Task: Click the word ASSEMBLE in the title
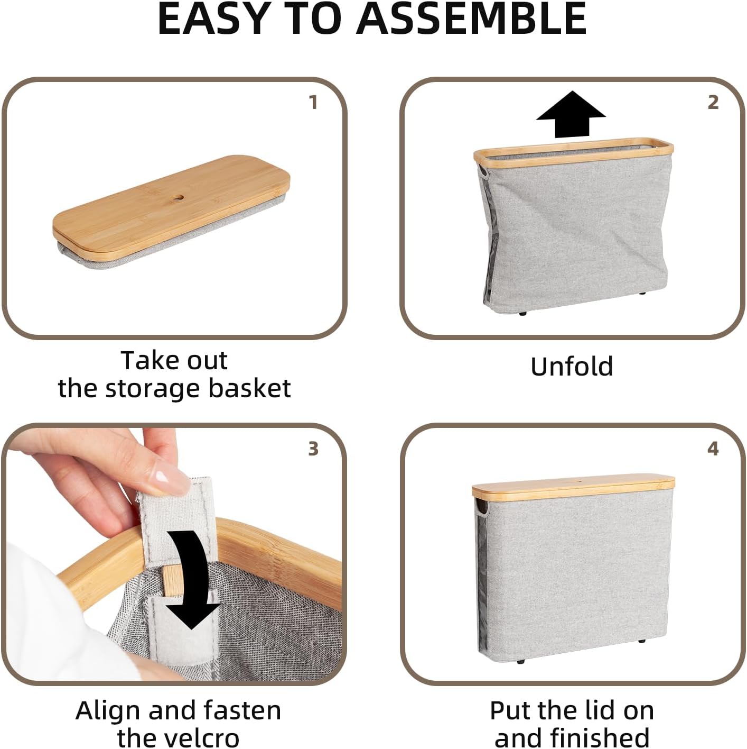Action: click(471, 19)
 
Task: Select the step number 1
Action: click(313, 102)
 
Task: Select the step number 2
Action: click(713, 102)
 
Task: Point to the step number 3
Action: click(313, 449)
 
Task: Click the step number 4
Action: click(713, 449)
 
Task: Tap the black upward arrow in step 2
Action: click(571, 114)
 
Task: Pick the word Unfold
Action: click(572, 366)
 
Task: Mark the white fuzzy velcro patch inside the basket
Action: click(174, 640)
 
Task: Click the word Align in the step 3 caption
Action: click(108, 710)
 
